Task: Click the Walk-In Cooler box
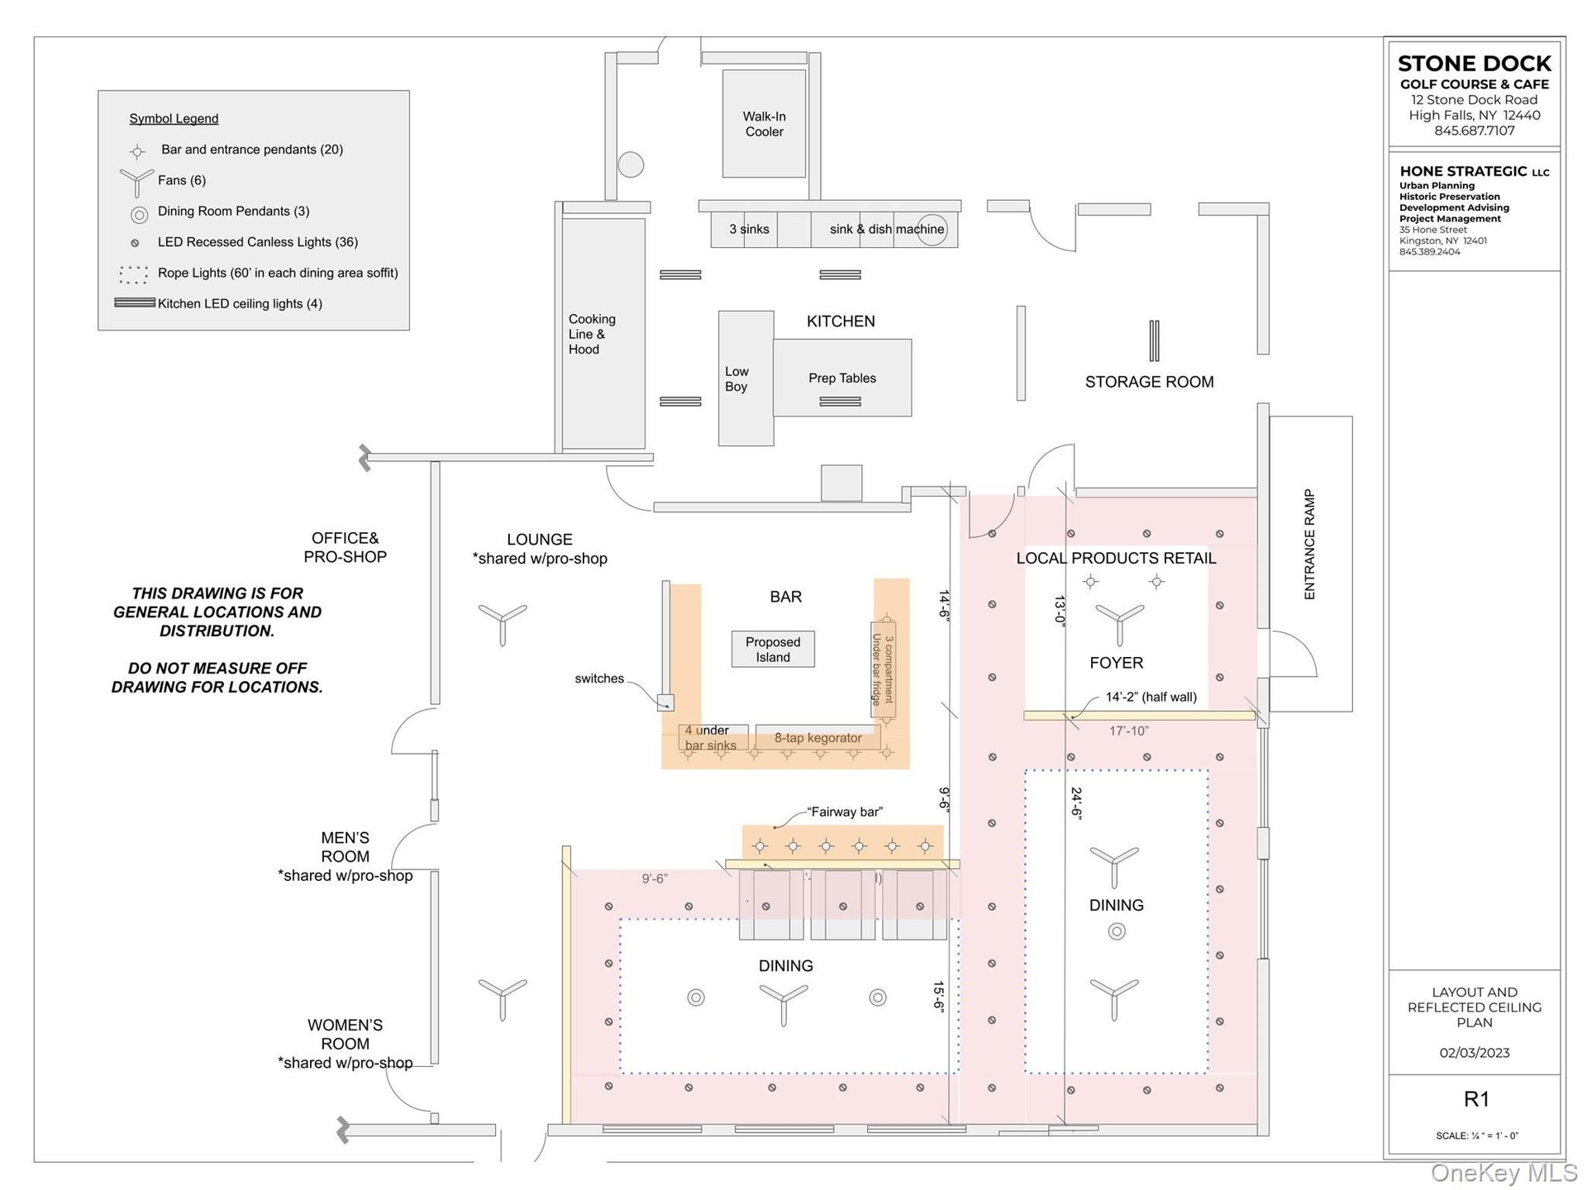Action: (x=764, y=124)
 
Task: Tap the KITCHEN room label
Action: (x=841, y=321)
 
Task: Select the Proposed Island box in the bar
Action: (x=773, y=650)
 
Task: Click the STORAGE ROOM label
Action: (x=1149, y=382)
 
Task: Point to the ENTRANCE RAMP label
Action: (x=1309, y=545)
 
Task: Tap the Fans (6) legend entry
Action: (x=181, y=180)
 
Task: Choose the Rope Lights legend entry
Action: (x=278, y=273)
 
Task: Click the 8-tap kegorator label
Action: (x=817, y=738)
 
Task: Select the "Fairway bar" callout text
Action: (x=845, y=812)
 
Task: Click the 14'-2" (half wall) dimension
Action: (x=1151, y=697)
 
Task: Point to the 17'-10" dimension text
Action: (x=1128, y=731)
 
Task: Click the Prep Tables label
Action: (x=842, y=378)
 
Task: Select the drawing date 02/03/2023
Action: (x=1474, y=1053)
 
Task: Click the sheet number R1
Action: (x=1476, y=1099)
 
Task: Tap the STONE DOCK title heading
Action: (x=1474, y=64)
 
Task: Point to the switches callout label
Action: (x=599, y=678)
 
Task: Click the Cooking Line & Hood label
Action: (x=592, y=334)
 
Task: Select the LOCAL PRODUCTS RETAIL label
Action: (x=1116, y=558)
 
